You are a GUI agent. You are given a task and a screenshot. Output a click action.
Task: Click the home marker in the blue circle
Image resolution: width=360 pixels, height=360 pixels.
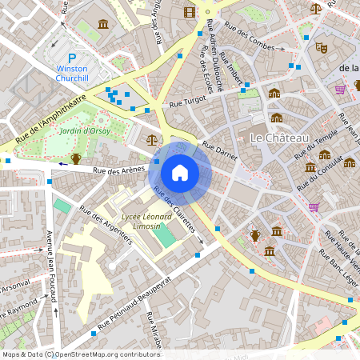(180, 172)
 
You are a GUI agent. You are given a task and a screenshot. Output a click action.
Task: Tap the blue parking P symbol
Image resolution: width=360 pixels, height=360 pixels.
(72, 58)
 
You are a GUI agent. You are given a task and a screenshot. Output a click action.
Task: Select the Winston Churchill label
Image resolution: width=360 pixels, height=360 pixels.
(73, 74)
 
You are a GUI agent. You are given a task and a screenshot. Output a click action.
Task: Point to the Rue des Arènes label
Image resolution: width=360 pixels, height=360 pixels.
(118, 170)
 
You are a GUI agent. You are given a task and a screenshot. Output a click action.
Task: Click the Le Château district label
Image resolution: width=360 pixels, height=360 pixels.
(280, 138)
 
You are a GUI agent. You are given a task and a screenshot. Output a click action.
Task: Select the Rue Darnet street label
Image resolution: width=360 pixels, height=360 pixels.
(219, 152)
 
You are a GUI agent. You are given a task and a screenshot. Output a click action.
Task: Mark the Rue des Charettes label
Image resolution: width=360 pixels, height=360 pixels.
(174, 210)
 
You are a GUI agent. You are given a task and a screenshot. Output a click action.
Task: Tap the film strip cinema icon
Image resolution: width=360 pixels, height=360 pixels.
(189, 12)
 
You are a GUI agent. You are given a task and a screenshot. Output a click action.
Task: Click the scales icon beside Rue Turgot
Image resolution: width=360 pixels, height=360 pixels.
(152, 139)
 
